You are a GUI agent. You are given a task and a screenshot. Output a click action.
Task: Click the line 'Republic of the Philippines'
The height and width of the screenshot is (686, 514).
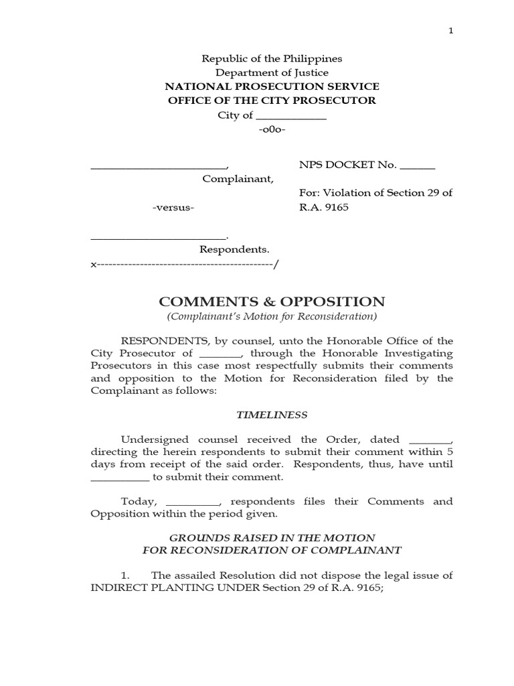coord(272,58)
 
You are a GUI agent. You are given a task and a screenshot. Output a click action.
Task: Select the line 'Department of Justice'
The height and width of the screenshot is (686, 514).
coord(272,72)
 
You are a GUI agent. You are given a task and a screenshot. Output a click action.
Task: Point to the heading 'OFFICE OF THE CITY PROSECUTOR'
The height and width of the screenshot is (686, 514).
coord(272,100)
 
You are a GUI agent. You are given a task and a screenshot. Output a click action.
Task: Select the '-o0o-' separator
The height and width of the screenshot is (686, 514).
coord(272,129)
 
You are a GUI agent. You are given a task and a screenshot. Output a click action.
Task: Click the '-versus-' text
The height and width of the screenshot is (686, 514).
coord(173,208)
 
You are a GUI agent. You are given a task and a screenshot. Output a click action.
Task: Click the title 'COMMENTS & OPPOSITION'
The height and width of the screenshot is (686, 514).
coord(272,301)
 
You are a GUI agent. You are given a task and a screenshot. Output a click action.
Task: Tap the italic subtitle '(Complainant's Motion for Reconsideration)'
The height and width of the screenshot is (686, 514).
coord(272,317)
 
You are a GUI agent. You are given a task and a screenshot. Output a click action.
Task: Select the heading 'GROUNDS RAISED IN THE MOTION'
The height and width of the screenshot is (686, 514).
coord(272,538)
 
